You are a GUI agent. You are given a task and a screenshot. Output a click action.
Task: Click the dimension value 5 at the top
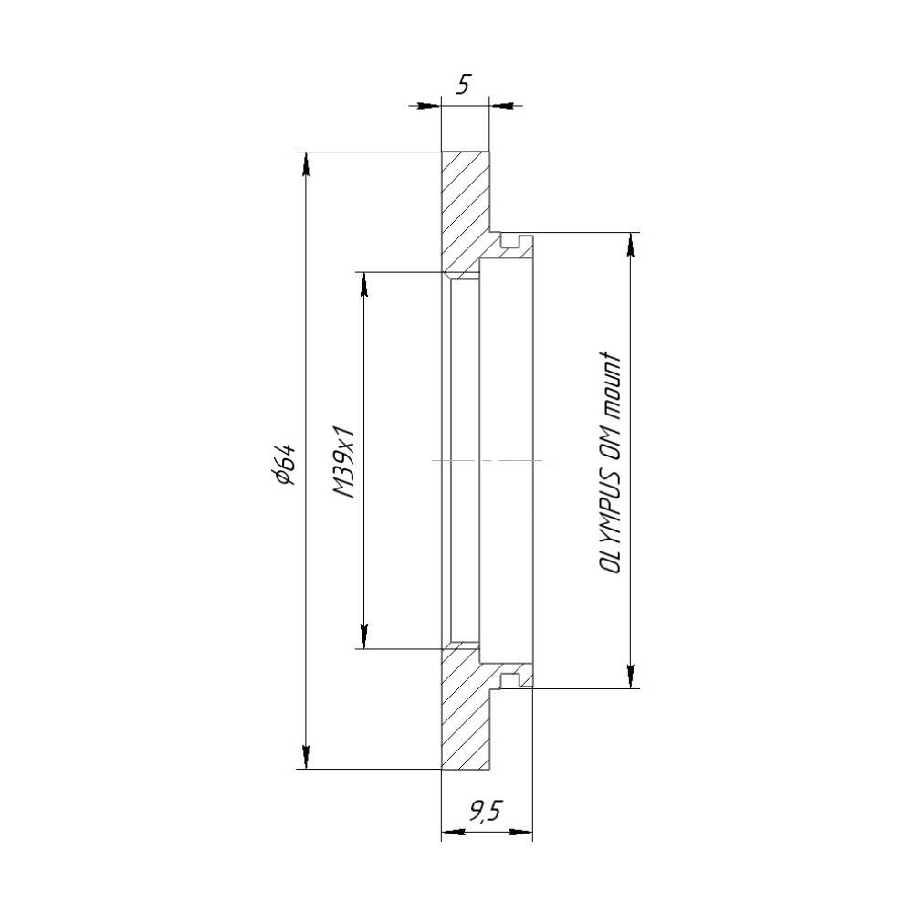(464, 85)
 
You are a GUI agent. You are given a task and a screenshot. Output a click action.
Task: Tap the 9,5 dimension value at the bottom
(485, 810)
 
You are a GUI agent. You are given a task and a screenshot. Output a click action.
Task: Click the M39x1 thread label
(344, 460)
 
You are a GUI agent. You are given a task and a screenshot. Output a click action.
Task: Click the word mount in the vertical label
(610, 385)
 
